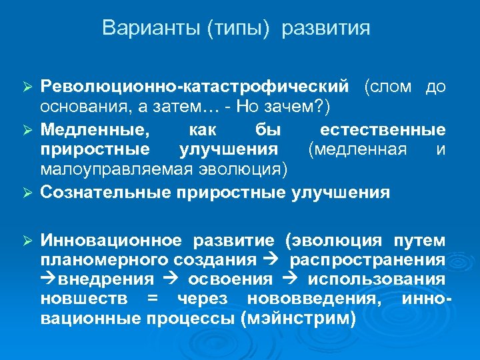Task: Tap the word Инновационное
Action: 111,240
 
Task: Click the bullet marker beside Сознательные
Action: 27,193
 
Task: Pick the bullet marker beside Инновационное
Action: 27,241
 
